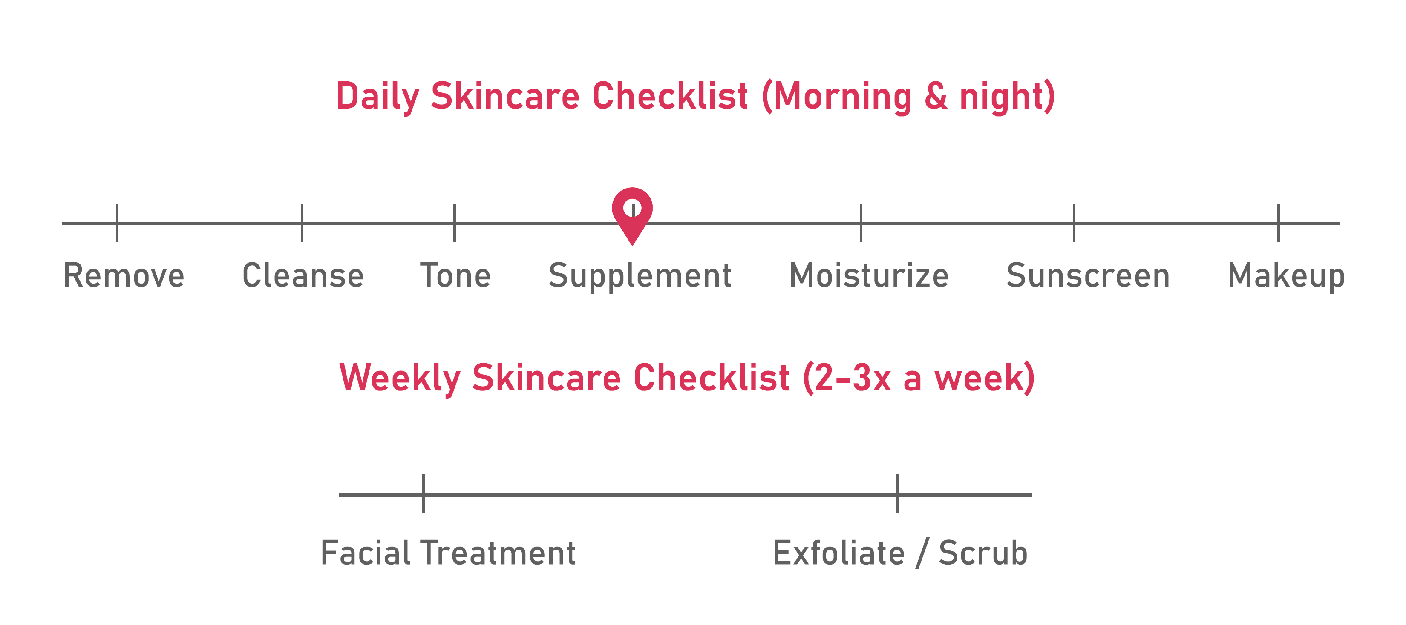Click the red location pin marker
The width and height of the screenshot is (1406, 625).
pyautogui.click(x=632, y=216)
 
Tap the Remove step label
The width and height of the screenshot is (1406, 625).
pyautogui.click(x=124, y=275)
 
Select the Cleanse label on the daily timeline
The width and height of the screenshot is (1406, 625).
pyautogui.click(x=303, y=275)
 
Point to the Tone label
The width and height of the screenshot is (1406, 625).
pyautogui.click(x=455, y=275)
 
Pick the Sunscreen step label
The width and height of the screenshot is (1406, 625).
pyautogui.click(x=1088, y=275)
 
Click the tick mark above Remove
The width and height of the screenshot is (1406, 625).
pyautogui.click(x=117, y=223)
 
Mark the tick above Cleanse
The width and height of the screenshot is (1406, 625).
pyautogui.click(x=302, y=223)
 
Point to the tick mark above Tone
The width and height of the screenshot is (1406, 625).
pyautogui.click(x=454, y=223)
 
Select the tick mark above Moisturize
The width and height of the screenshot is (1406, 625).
pyautogui.click(x=861, y=223)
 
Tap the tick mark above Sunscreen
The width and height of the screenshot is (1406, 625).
pyautogui.click(x=1074, y=223)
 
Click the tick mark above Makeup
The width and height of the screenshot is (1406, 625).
pyautogui.click(x=1278, y=223)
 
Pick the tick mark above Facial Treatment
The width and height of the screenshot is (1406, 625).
pyautogui.click(x=423, y=493)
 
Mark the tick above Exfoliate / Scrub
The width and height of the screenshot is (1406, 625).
pyautogui.click(x=897, y=493)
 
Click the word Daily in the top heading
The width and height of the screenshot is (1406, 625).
pyautogui.click(x=377, y=97)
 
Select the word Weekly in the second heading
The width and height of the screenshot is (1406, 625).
pyautogui.click(x=400, y=378)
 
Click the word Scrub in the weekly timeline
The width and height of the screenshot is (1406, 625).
pyautogui.click(x=983, y=553)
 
